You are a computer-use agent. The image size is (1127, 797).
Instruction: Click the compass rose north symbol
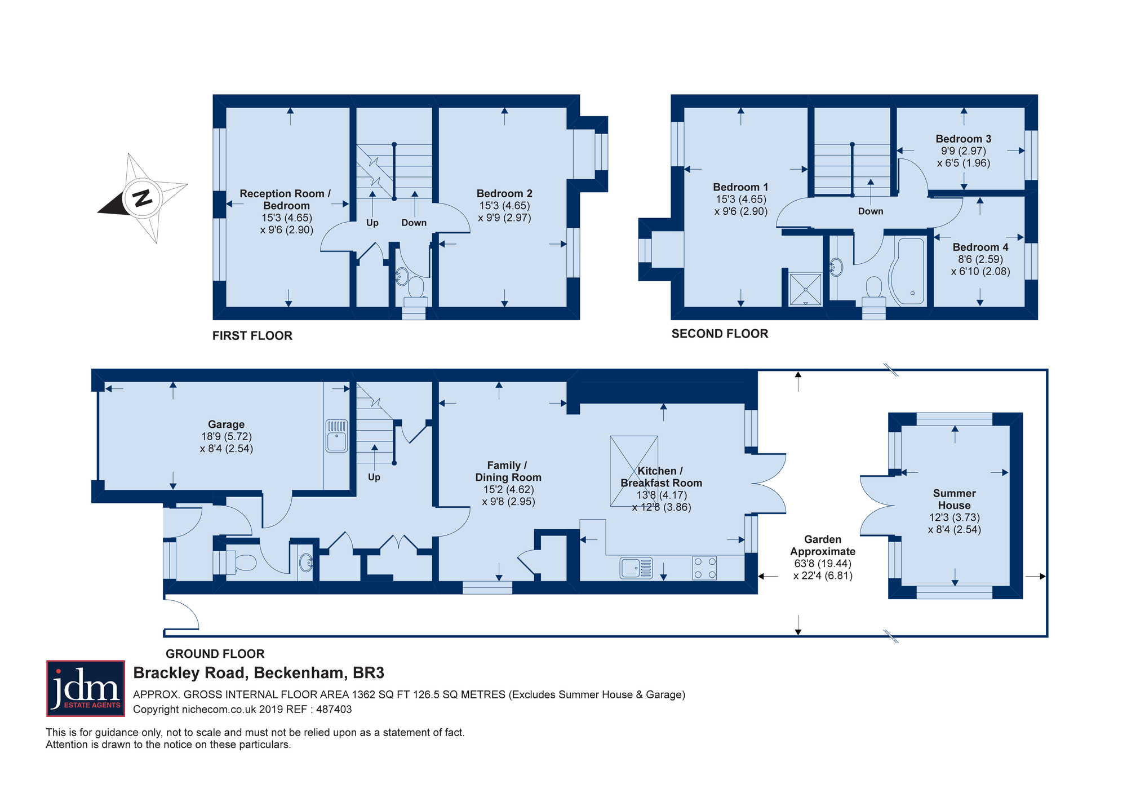point(143,198)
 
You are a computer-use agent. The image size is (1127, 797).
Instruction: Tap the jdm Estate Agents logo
point(86,688)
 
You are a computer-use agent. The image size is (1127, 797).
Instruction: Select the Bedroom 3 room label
point(964,139)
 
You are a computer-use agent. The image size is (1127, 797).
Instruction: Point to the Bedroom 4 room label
point(980,247)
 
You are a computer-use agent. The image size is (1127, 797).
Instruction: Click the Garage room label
point(226,424)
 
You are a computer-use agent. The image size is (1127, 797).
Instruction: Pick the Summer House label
point(954,499)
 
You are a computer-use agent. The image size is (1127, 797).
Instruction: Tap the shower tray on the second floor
point(805,289)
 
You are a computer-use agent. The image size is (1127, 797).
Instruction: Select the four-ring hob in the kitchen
point(704,568)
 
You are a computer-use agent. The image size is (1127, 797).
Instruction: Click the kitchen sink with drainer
point(636,568)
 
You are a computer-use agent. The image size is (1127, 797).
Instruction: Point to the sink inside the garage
point(337,436)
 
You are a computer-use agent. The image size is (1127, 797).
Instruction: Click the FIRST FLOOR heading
point(252,336)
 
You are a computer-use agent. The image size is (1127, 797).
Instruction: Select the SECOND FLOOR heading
point(720,334)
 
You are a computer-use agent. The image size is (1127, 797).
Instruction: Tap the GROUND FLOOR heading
point(215,654)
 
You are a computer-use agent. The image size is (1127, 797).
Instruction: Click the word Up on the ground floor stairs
point(374,477)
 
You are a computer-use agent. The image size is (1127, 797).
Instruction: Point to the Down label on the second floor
point(871,211)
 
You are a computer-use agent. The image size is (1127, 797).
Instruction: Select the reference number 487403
point(334,710)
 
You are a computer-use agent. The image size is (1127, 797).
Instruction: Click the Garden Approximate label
point(823,546)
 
